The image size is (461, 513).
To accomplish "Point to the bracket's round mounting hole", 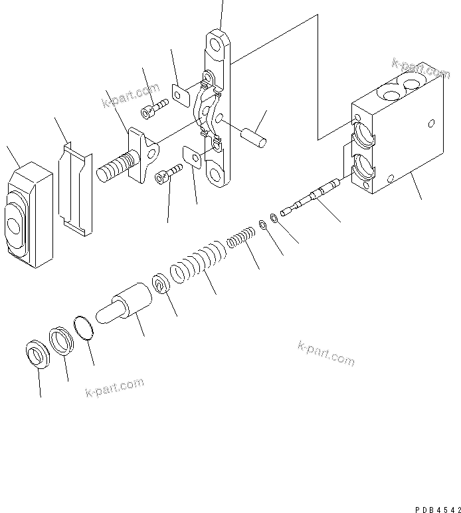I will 153,154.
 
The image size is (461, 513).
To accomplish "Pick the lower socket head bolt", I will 167,175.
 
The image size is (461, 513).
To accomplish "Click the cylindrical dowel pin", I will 255,135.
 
